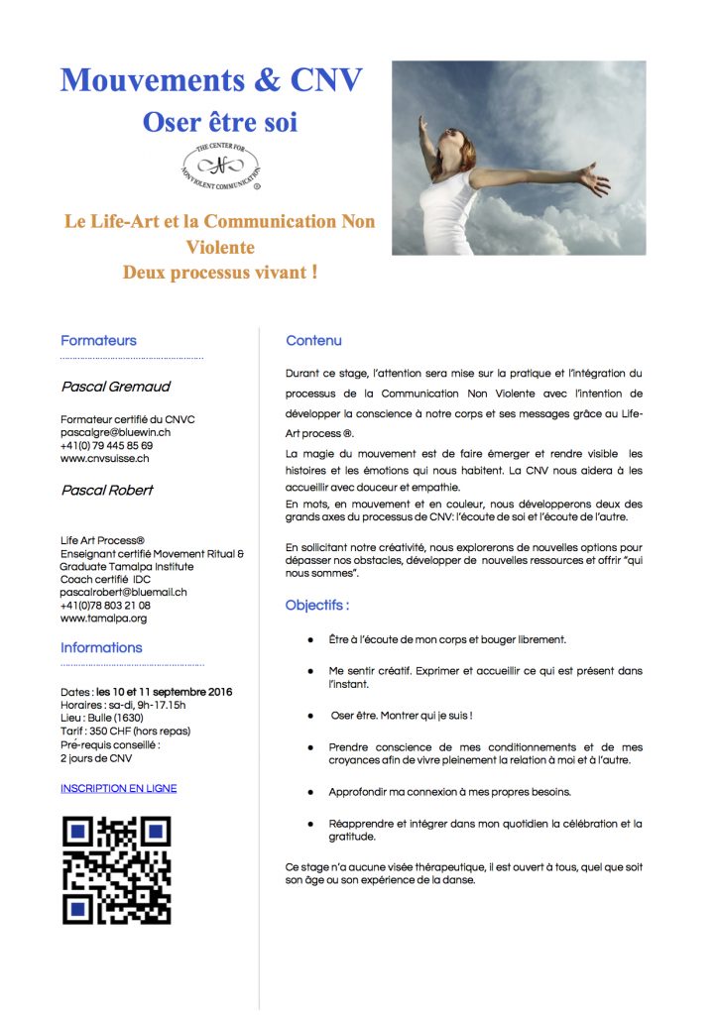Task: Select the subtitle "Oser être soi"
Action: pos(219,123)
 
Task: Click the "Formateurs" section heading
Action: pos(98,340)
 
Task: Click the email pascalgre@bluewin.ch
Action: pos(115,432)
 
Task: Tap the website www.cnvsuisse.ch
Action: pos(105,458)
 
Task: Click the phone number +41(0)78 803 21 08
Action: pos(105,605)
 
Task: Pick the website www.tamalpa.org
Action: pos(103,618)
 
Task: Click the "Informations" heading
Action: pos(101,647)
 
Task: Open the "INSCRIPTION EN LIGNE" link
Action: pos(118,788)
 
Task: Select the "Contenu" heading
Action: pos(313,340)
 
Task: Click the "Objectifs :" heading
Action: pos(316,605)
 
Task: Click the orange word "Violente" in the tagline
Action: pos(220,247)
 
